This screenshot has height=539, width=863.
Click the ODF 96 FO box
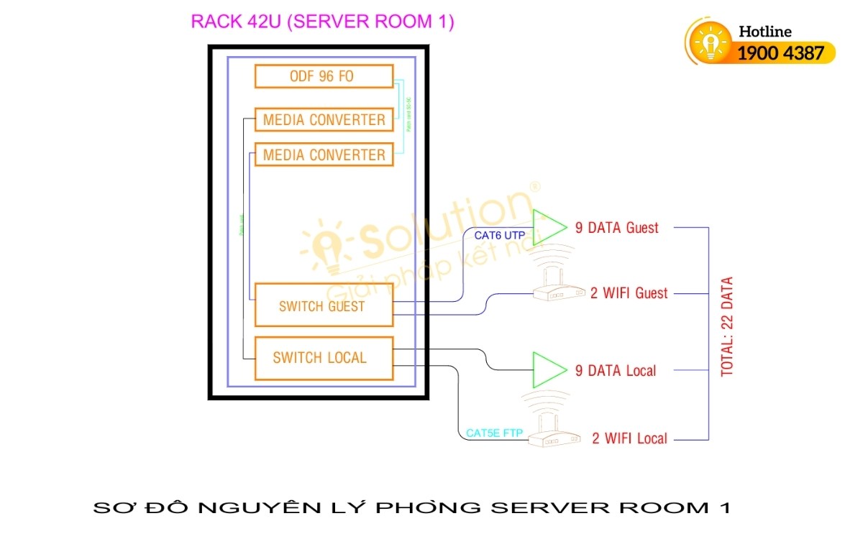pyautogui.click(x=324, y=76)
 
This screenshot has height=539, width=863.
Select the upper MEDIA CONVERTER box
pyautogui.click(x=324, y=119)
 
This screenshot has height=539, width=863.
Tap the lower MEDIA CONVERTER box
pyautogui.click(x=324, y=155)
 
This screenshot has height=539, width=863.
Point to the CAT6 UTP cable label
pyautogui.click(x=499, y=235)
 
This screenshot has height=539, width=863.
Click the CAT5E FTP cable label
pyautogui.click(x=494, y=433)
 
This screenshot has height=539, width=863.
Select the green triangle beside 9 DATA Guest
pyautogui.click(x=547, y=227)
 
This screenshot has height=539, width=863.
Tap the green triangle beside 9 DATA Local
pyautogui.click(x=547, y=370)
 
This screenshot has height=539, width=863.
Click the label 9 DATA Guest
pyautogui.click(x=616, y=228)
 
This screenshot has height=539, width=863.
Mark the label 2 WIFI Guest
pyautogui.click(x=629, y=293)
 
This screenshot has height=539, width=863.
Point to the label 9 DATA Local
pyautogui.click(x=616, y=371)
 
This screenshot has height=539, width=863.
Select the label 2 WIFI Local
pyautogui.click(x=629, y=438)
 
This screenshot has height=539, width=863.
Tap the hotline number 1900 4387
pyautogui.click(x=780, y=52)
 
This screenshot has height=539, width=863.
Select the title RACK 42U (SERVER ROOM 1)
pyautogui.click(x=322, y=22)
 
